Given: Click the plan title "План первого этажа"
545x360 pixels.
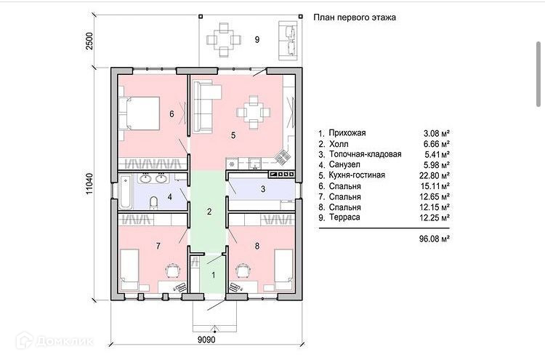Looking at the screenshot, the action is (355, 17).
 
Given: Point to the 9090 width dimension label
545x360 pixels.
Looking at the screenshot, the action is (206, 339).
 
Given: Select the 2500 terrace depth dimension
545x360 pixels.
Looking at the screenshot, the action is (89, 41).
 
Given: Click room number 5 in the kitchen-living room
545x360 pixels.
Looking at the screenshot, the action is (233, 135).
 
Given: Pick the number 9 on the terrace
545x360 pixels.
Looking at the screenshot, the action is (257, 40).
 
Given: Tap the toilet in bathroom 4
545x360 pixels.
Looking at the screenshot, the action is (153, 203).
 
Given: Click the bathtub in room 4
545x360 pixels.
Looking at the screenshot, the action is (126, 192).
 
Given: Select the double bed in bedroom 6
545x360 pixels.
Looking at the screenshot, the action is (139, 113).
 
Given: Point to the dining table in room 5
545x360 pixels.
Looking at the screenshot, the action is (254, 113).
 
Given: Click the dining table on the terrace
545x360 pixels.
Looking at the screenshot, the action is (224, 40).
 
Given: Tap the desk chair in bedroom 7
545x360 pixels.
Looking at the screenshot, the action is (172, 271).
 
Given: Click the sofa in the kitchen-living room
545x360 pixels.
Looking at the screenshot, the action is (205, 106).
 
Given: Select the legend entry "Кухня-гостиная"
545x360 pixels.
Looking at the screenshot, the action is (357, 175).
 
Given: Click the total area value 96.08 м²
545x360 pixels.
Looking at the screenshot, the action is (435, 239).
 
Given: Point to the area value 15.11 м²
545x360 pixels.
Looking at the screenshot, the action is (435, 186).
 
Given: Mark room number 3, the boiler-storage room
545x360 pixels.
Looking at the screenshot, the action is (263, 189).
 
